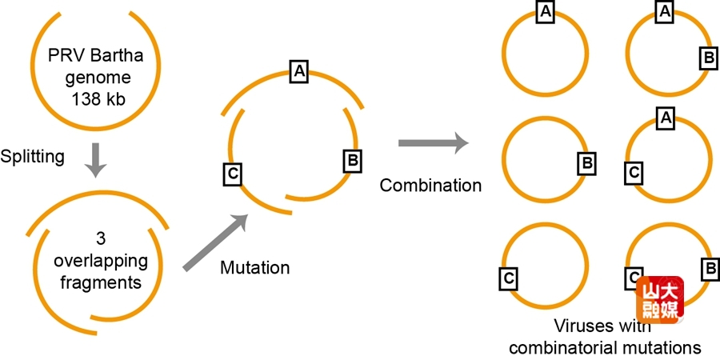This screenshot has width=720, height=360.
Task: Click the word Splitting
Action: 33,156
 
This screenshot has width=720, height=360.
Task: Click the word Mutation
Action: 255,266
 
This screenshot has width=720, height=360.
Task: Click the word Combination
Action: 430,186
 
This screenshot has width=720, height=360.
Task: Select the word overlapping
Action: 99,262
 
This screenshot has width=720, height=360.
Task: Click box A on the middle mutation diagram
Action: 299,71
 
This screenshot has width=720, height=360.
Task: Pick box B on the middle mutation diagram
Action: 351,160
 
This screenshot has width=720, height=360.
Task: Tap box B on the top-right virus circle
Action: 707,58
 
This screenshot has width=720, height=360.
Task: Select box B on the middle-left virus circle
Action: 586,164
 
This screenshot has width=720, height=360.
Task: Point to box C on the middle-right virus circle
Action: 632,171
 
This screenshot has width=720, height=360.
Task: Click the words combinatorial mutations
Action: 604,347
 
